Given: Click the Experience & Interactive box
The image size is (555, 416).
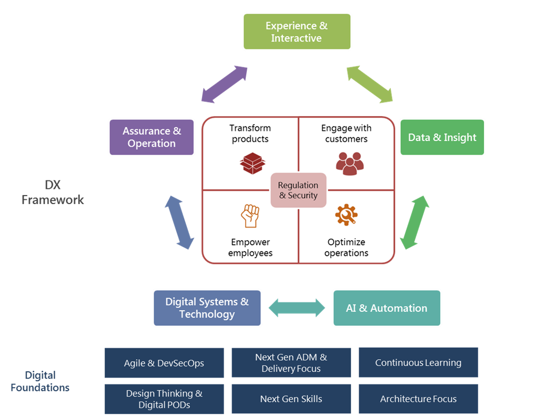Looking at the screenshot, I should [297, 32].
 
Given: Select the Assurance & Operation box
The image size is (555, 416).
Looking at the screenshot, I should [152, 137].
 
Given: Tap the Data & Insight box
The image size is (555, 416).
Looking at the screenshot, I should [442, 137].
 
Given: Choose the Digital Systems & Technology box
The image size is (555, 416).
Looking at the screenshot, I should [207, 308].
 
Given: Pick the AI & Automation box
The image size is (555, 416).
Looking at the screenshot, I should [387, 308].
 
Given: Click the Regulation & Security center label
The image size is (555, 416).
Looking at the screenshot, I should [298, 190].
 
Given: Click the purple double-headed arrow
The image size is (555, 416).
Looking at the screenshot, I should [225, 84].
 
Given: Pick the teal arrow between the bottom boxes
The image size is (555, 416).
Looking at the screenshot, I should [297, 308].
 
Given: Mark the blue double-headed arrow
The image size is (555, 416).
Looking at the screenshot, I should [179, 222].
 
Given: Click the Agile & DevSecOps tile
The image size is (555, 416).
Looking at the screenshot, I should [164, 363].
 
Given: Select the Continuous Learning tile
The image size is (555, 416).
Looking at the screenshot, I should [418, 363].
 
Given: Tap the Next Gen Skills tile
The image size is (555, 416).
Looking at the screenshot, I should [291, 399].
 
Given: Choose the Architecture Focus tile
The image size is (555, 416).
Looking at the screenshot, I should [418, 399].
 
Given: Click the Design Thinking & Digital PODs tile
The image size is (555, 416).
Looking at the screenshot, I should [164, 399].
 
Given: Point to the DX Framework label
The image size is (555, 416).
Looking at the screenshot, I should [53, 192].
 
